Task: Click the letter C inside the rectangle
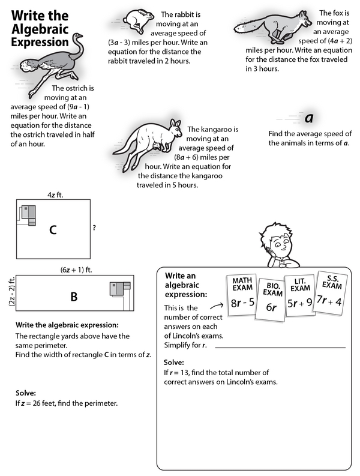(x=53, y=229)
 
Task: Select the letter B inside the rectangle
(x=74, y=296)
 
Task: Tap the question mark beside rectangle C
(x=94, y=228)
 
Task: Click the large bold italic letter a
(x=310, y=116)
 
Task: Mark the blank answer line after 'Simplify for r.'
(x=280, y=347)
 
